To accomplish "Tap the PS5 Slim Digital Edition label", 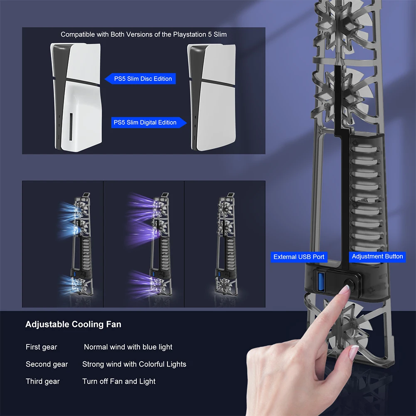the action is pyautogui.click(x=149, y=123).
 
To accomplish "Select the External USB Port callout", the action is pyautogui.click(x=299, y=257).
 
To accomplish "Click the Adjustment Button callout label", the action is pyautogui.click(x=377, y=256).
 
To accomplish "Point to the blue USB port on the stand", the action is pyautogui.click(x=321, y=281).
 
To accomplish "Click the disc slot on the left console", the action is pyautogui.click(x=71, y=127).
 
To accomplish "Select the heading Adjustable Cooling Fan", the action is pyautogui.click(x=73, y=324).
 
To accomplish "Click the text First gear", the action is pyautogui.click(x=42, y=347).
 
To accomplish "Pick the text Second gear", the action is pyautogui.click(x=47, y=364).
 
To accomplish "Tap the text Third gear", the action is pyautogui.click(x=42, y=382).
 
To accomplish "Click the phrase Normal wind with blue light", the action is pyautogui.click(x=128, y=347).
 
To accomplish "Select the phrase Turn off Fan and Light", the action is pyautogui.click(x=119, y=382).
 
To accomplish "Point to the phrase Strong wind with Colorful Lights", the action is pyautogui.click(x=134, y=364).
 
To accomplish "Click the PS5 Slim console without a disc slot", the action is pyautogui.click(x=212, y=97).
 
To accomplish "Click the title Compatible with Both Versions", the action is pyautogui.click(x=143, y=34).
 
